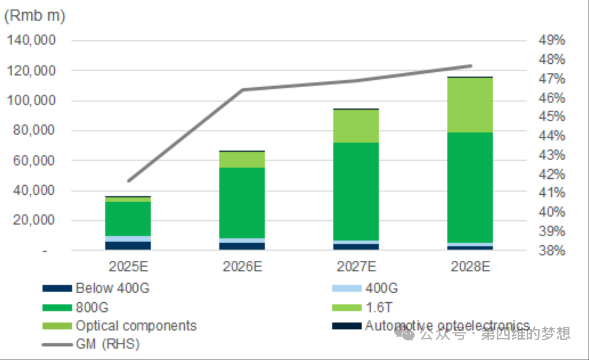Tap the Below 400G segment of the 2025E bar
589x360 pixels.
(x=128, y=245)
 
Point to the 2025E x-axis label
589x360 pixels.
(x=128, y=266)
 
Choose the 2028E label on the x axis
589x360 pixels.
(x=471, y=266)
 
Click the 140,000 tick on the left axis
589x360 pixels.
(x=32, y=40)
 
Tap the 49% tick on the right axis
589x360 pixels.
(x=552, y=40)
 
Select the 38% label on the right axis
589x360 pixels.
(x=552, y=251)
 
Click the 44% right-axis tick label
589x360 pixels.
(x=552, y=136)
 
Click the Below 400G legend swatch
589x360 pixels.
(x=57, y=288)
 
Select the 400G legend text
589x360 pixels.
(x=382, y=288)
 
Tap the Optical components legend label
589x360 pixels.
(x=136, y=326)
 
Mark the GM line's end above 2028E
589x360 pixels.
(x=471, y=66)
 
